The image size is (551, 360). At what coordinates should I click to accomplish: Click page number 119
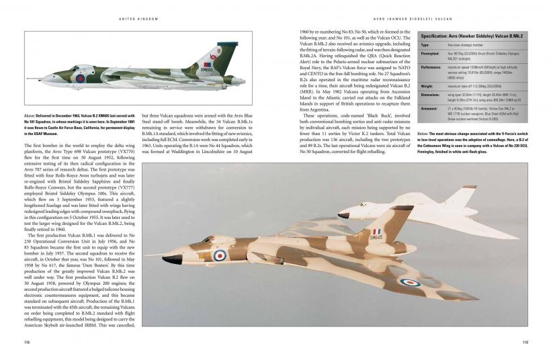click(524, 341)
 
